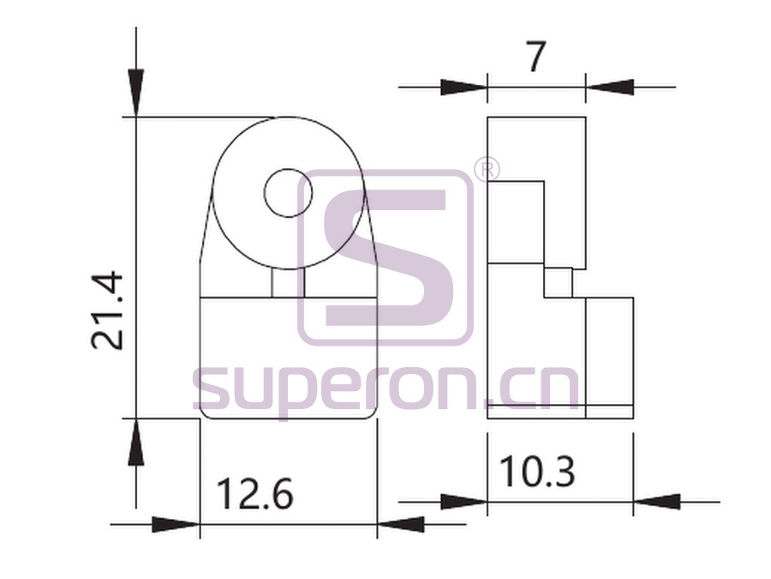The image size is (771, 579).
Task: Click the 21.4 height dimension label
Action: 107,311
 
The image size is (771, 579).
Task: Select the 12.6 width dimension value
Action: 254,494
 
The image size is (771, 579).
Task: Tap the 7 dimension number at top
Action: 536,57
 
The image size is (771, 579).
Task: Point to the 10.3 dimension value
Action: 537,471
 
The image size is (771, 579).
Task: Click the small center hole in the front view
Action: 289,193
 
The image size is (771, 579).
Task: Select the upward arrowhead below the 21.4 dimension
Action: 136,442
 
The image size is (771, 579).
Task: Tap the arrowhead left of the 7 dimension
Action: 463,87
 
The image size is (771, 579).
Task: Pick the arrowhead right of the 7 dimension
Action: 610,87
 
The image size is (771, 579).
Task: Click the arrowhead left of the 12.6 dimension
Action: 176,524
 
